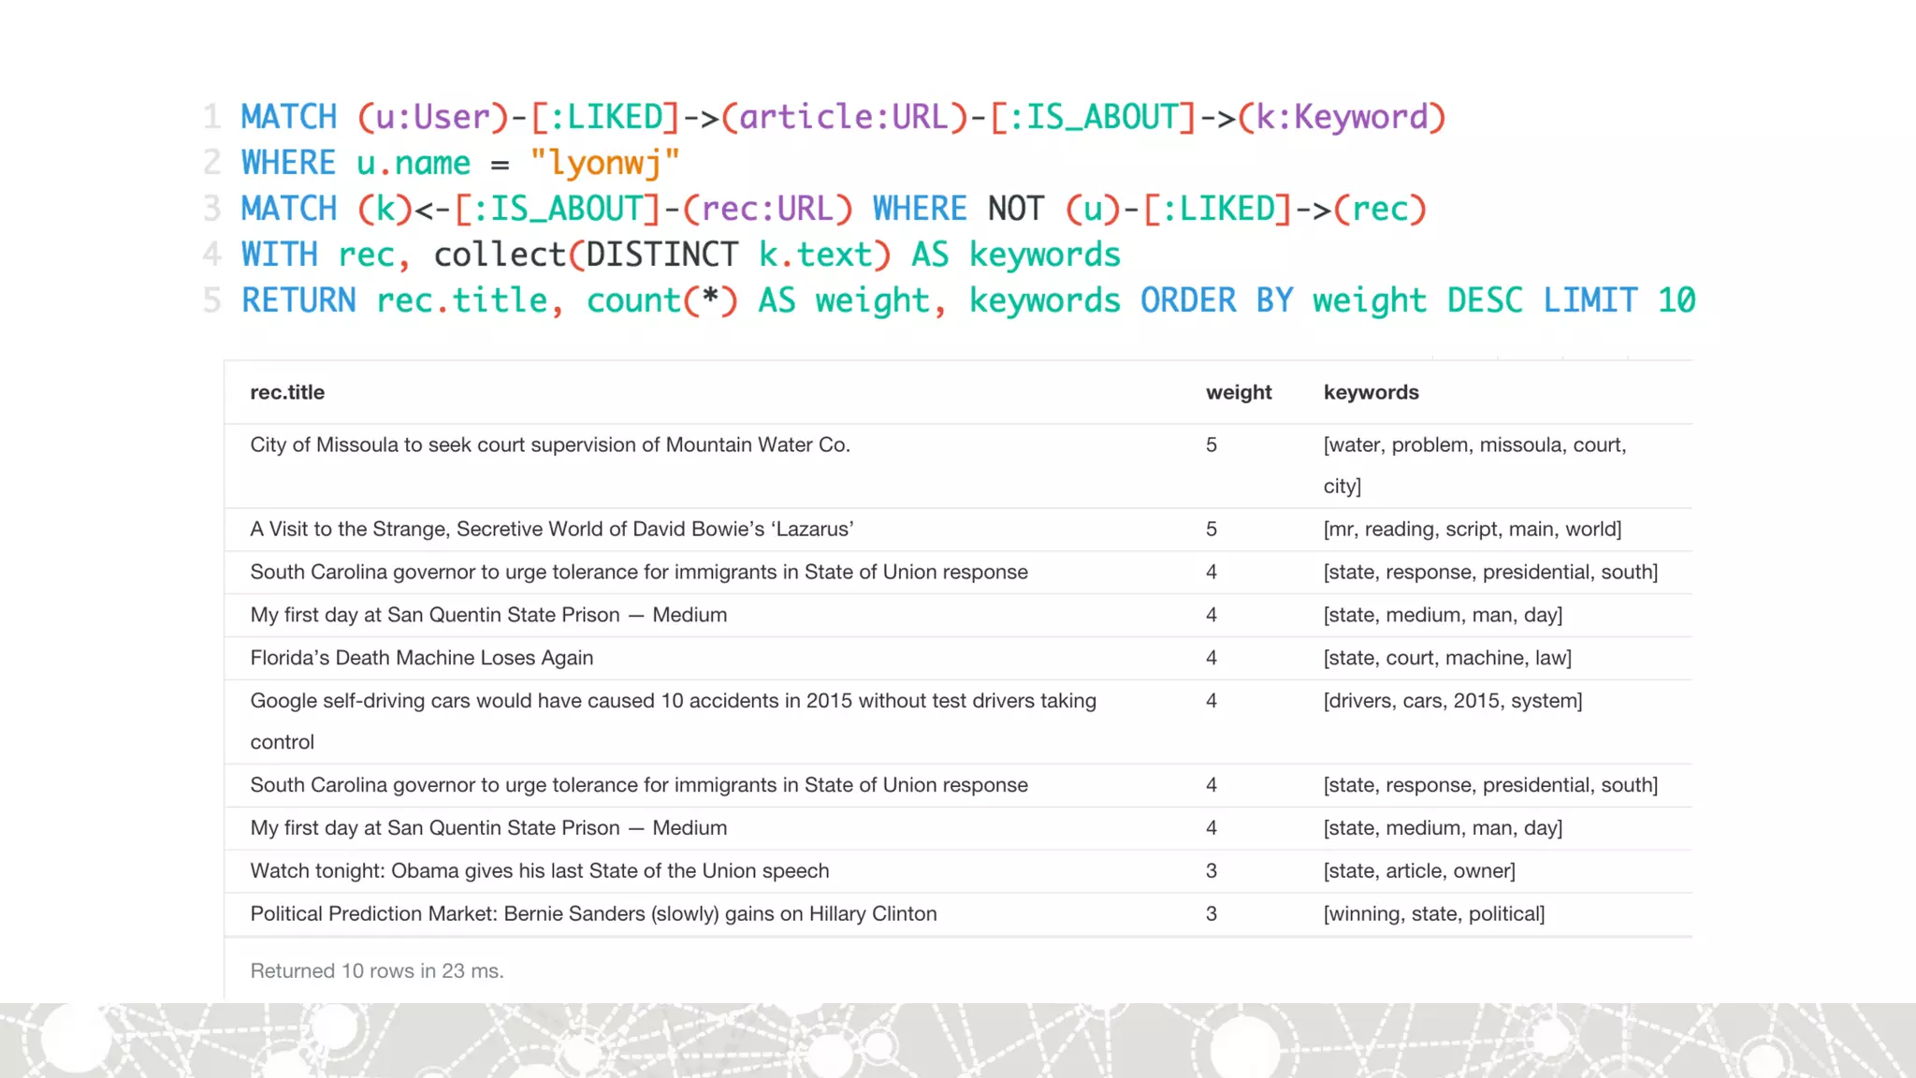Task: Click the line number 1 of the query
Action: (212, 117)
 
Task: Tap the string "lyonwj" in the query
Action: (604, 163)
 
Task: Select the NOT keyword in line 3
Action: (1015, 209)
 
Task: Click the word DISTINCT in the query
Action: (661, 255)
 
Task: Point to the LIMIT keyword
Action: (1589, 300)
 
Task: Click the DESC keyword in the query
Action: (1485, 300)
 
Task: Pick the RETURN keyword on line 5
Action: (298, 300)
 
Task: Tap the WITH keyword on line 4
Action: (279, 255)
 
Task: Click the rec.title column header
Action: (287, 392)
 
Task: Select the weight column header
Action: (1238, 392)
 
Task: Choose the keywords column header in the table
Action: (1371, 392)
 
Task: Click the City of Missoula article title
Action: (549, 444)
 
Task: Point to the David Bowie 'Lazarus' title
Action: (551, 529)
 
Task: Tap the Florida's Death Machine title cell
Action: (421, 658)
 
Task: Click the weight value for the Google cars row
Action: (1212, 701)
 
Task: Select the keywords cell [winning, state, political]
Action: (1433, 913)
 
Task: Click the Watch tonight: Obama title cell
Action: (539, 870)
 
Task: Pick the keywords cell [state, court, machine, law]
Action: (1446, 658)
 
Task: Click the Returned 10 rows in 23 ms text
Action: (376, 970)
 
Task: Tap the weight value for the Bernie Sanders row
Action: (1212, 913)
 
